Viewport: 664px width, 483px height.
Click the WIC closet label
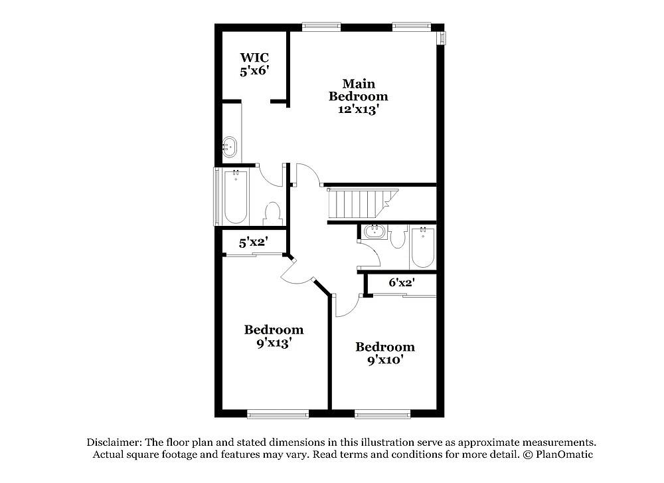point(254,57)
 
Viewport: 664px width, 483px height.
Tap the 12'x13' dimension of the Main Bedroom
point(358,110)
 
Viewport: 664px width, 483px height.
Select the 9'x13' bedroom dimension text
point(274,343)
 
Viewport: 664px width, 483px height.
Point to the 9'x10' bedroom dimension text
point(385,360)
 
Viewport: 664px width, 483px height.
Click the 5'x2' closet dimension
point(253,242)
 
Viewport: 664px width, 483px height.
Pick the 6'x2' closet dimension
point(402,282)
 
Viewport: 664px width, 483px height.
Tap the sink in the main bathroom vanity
point(230,147)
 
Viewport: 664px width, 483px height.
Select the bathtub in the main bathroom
point(236,197)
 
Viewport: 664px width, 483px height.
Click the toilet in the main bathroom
point(272,213)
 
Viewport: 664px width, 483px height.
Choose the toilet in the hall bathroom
point(398,237)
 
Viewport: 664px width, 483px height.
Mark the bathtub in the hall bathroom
point(422,247)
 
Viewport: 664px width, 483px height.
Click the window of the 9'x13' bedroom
point(278,413)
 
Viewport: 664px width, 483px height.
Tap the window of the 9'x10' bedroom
point(383,413)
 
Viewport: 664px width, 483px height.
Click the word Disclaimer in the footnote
point(114,442)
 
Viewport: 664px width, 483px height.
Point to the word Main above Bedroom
point(359,84)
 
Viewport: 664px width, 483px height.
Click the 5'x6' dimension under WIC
point(254,70)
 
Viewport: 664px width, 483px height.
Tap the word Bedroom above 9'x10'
point(385,347)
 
